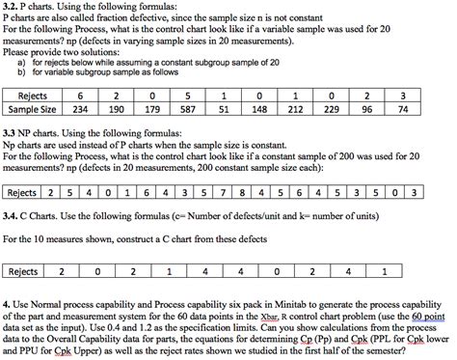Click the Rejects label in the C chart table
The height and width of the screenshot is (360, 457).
tap(23, 271)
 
